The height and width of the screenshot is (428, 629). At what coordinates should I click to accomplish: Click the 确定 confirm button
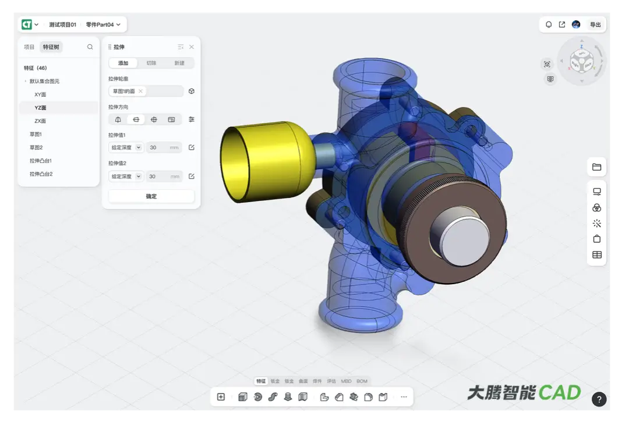151,196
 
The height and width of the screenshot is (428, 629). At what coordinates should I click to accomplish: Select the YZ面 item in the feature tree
40,108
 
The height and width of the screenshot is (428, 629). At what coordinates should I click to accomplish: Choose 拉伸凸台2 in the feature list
41,174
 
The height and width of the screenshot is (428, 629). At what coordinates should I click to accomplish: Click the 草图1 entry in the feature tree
36,135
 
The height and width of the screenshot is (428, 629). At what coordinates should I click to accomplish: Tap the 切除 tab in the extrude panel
151,63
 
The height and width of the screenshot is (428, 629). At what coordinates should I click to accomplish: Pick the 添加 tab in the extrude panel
123,63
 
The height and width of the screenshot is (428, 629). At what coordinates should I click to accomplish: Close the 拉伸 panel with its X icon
192,47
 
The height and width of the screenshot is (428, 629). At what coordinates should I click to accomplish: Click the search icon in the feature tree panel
90,47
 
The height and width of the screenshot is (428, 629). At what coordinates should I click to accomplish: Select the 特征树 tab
51,47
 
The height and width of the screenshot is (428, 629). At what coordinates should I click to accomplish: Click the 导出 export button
595,24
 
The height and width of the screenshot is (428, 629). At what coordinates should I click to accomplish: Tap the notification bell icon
549,24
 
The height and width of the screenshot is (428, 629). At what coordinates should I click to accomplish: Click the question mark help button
599,399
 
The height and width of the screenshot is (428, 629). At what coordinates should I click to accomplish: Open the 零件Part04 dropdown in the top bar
103,24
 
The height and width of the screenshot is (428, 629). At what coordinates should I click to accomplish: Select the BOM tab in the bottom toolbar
362,381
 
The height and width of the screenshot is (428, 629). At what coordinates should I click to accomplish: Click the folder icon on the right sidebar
596,167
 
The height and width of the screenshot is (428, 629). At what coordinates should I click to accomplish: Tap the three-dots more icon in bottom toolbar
404,397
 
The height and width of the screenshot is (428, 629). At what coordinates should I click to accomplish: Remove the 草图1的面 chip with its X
140,91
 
